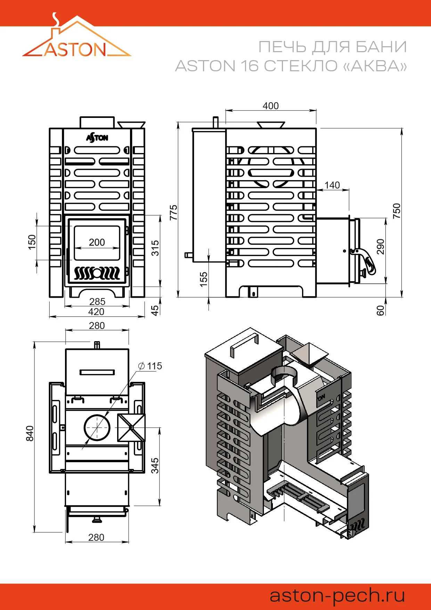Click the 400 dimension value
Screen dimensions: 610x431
tap(270, 106)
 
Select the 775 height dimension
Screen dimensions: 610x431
tap(173, 212)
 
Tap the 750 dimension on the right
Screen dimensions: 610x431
tap(397, 211)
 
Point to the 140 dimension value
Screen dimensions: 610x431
tap(332, 185)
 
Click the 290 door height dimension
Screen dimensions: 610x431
tap(381, 247)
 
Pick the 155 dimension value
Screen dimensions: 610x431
tap(204, 279)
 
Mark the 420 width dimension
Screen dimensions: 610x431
tap(96, 312)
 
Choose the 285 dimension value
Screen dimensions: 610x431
tap(97, 302)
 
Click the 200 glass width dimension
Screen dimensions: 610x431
tap(97, 242)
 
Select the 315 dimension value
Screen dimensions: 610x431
tap(155, 248)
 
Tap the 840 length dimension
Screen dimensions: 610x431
tap(30, 433)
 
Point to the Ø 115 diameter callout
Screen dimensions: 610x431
tap(150, 366)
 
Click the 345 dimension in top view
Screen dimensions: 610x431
tap(155, 466)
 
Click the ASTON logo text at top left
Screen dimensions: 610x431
tap(75, 50)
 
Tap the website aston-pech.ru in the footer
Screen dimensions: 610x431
tap(337, 595)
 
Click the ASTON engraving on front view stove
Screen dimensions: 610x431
tap(97, 138)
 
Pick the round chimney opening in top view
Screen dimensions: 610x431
tap(97, 427)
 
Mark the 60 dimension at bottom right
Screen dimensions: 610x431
tap(381, 310)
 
